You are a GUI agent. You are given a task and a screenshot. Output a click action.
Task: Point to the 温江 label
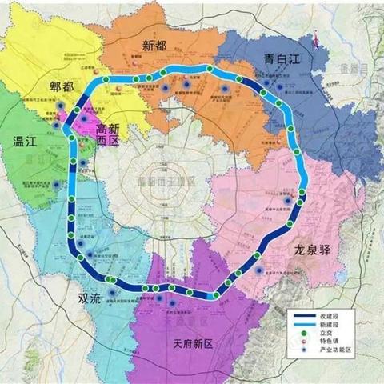(x=27, y=144)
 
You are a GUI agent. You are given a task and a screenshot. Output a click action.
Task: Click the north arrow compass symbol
(x=318, y=34)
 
